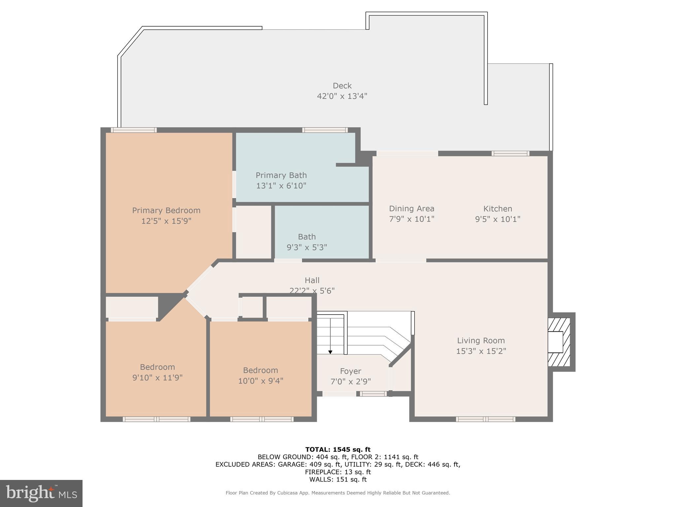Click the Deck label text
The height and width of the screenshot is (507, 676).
click(x=342, y=86)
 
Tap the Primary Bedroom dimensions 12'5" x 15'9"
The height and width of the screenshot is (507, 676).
click(x=166, y=221)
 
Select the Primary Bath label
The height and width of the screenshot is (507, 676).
click(x=281, y=175)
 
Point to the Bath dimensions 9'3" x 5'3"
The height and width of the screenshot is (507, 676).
click(x=307, y=247)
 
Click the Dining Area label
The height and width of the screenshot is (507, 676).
click(x=411, y=209)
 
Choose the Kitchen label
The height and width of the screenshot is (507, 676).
click(x=497, y=209)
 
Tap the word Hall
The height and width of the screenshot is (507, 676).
click(x=312, y=280)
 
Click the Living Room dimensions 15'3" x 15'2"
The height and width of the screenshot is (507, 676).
click(x=481, y=351)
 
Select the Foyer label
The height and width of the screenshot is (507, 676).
click(x=351, y=371)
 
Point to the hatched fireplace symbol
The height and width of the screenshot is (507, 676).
click(x=559, y=342)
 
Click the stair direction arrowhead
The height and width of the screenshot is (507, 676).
click(x=330, y=352)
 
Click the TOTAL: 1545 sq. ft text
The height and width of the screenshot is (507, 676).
click(x=338, y=449)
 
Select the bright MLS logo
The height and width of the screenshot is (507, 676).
click(x=41, y=493)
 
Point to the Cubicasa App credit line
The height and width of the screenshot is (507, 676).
click(x=338, y=493)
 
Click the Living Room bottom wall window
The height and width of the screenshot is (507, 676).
click(x=485, y=419)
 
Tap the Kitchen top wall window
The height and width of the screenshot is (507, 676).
click(x=510, y=153)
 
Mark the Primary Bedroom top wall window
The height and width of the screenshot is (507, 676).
click(x=133, y=130)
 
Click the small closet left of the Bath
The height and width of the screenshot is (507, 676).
click(x=253, y=232)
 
